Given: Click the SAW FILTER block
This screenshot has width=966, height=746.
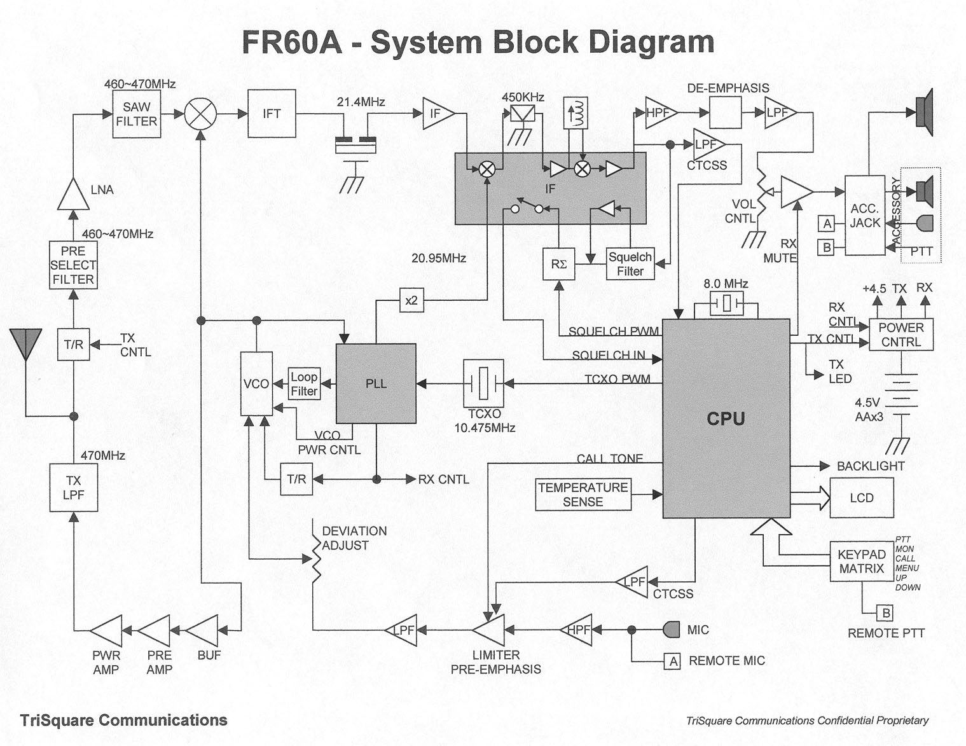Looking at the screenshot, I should tap(136, 114).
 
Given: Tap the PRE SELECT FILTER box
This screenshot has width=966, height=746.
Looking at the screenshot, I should tap(73, 265).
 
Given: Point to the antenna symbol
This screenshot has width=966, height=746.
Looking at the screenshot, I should tap(26, 343).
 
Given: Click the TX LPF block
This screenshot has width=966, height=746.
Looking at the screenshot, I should tap(73, 488).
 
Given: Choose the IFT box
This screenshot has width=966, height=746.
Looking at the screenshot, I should tap(272, 114).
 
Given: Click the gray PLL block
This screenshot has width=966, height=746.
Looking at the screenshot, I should tap(376, 383).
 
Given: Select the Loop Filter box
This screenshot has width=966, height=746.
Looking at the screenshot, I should tap(304, 384).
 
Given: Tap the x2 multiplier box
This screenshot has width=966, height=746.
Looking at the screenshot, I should tap(411, 300).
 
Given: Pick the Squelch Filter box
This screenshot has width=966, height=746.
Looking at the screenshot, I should tap(630, 264).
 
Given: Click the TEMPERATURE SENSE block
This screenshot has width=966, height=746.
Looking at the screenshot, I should tap(583, 495).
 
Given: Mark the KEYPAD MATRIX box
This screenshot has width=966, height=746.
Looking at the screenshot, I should tap(861, 562).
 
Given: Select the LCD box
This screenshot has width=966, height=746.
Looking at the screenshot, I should tap(862, 498).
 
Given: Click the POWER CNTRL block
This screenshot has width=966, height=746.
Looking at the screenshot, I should tap(901, 335).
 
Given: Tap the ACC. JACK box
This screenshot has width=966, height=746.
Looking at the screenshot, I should tap(865, 216).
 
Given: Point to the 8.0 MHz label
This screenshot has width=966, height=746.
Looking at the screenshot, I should tap(726, 284).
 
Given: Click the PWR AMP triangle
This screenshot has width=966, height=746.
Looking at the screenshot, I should tap(107, 631).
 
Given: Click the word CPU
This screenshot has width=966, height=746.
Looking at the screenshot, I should tap(726, 418).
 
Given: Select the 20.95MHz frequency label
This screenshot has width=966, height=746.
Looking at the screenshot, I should tap(439, 258).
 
